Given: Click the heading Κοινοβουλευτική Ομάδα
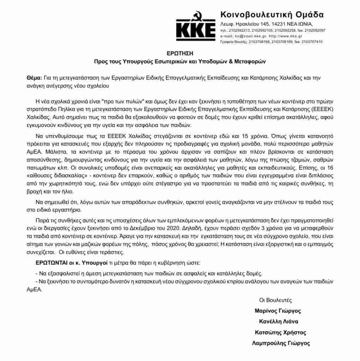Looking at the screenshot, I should click(x=272, y=14).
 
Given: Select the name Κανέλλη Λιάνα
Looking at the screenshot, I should click(x=279, y=322).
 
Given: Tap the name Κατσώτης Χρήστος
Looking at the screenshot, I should click(x=280, y=332).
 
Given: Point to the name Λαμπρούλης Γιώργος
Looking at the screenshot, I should click(x=281, y=343).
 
